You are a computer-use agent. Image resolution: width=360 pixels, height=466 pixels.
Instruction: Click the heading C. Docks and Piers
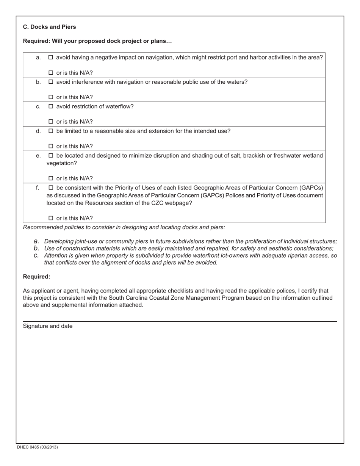[49, 27]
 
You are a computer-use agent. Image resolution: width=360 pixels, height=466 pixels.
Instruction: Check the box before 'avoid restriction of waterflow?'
[51, 106]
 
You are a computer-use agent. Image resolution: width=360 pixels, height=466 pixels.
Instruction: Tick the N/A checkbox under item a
[51, 73]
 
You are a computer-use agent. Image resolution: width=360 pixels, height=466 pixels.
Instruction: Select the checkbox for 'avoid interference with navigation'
[51, 82]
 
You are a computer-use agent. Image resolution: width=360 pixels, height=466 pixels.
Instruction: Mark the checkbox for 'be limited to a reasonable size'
[51, 131]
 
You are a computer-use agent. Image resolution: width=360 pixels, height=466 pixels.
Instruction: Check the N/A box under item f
[51, 218]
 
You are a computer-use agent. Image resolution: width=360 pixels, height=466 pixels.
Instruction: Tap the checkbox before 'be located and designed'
[51, 156]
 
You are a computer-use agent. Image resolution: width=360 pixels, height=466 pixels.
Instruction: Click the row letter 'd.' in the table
[38, 131]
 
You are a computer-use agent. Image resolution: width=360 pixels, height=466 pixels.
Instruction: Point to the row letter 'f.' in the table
[38, 188]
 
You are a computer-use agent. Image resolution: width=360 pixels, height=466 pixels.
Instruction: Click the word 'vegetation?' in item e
[62, 163]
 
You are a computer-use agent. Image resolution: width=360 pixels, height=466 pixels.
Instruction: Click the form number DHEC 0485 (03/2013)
[37, 447]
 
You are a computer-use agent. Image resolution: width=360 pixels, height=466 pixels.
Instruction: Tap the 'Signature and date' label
[48, 326]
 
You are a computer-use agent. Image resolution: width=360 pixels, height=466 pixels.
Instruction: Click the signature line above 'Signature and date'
[180, 321]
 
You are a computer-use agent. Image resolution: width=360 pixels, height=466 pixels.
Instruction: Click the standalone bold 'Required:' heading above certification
[36, 277]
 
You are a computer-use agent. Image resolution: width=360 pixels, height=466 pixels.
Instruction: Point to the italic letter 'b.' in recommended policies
[36, 249]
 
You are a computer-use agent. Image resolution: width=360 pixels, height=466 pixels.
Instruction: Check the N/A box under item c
[51, 122]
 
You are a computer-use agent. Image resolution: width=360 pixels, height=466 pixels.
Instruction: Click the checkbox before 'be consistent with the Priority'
[51, 188]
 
